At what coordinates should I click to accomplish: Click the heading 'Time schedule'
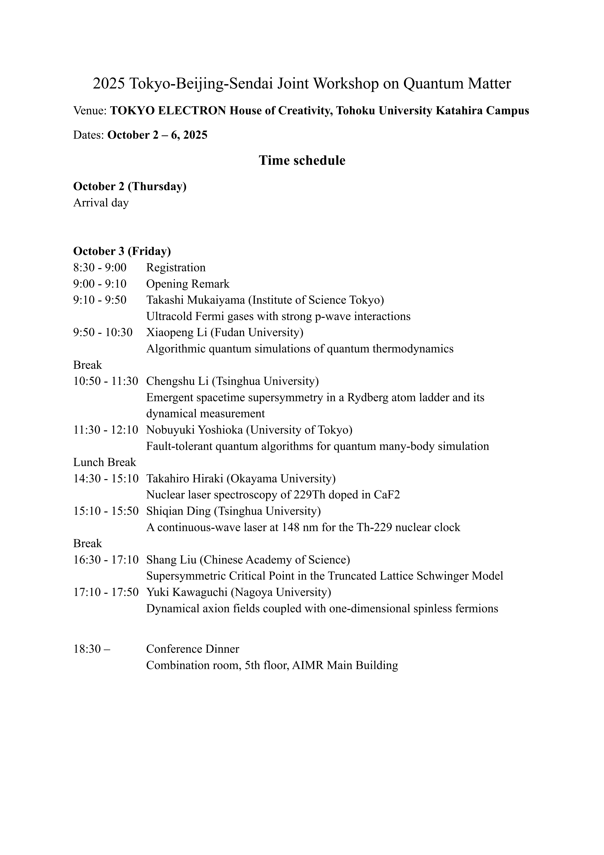point(302,161)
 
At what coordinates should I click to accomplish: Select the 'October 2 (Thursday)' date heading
point(130,186)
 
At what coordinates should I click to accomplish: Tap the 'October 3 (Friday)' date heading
point(122,251)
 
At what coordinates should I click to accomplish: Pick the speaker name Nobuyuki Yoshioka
point(195,430)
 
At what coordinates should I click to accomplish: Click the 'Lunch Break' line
point(105,463)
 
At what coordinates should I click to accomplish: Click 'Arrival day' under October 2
point(101,203)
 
